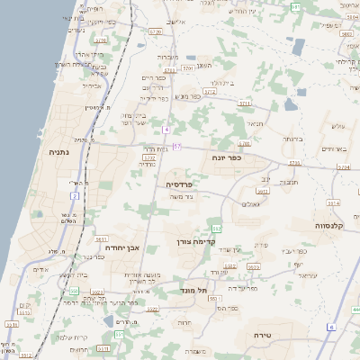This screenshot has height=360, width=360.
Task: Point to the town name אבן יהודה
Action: pos(117,247)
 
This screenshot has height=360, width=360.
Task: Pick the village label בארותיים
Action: pos(333,148)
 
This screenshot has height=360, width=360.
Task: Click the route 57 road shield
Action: pos(177,146)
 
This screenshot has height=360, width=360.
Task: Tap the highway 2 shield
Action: pos(75,194)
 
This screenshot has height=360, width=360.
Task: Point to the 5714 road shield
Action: pos(334,203)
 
